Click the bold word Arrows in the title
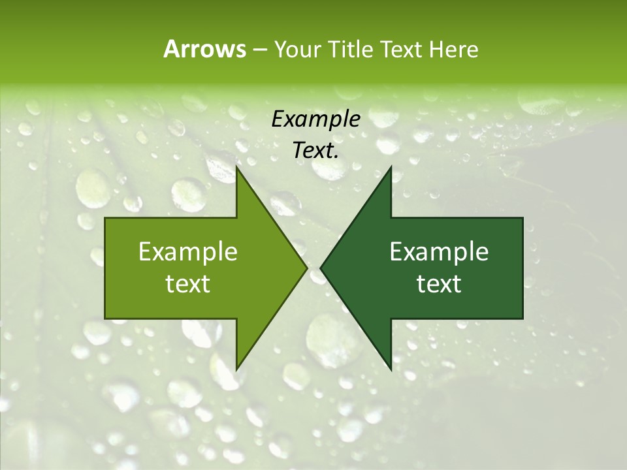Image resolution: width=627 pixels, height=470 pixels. (x=204, y=49)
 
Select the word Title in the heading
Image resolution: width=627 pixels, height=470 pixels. (x=354, y=49)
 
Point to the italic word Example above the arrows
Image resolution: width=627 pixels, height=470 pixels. (x=315, y=119)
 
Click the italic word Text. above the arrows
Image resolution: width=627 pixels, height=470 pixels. (x=315, y=151)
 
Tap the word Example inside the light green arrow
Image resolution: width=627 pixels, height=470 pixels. (x=187, y=251)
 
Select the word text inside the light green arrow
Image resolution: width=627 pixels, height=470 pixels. (x=187, y=284)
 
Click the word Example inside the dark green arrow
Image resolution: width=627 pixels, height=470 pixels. (x=439, y=251)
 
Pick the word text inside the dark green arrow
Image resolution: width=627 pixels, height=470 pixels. (x=439, y=284)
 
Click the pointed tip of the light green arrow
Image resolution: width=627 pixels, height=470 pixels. (x=306, y=268)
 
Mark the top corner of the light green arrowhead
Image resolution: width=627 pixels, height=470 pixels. (x=236, y=167)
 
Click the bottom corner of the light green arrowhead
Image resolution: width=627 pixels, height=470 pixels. (x=236, y=369)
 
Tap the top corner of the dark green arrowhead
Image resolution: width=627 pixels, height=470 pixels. (x=391, y=167)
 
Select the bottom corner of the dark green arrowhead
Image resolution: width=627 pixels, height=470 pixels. (x=391, y=369)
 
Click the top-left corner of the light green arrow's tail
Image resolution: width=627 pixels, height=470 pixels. (x=106, y=218)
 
